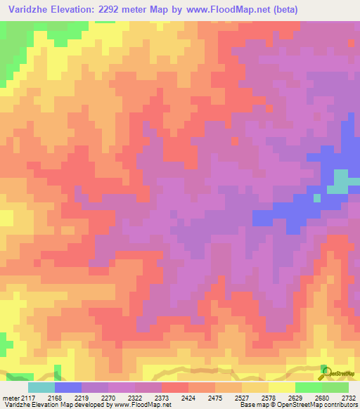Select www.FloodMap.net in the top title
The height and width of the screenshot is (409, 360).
pos(219,10)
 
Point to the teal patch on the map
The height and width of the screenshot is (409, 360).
pos(341,181)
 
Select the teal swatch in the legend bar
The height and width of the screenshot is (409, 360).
pos(41,387)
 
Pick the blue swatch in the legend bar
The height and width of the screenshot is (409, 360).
pos(68,387)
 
